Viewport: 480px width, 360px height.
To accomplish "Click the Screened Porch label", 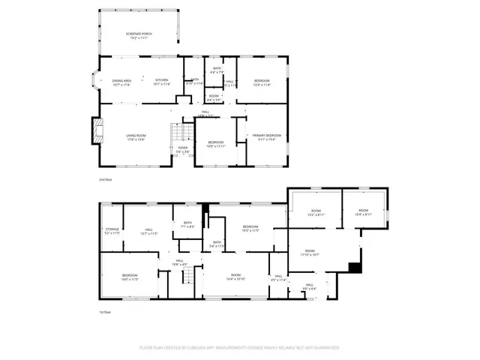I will [x=139, y=35].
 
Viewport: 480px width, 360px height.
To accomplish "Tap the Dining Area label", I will [x=122, y=82].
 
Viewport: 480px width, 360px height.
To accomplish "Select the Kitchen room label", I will [x=163, y=82].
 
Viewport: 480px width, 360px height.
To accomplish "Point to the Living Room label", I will [x=136, y=137].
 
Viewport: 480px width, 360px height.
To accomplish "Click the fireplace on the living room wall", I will [x=95, y=131].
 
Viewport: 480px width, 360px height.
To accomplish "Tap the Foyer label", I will [x=183, y=150].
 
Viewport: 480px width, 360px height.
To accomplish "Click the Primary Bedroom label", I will [x=267, y=136].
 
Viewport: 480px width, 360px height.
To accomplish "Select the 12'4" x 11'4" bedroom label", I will [x=262, y=82].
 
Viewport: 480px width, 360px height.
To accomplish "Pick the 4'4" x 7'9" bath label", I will [x=217, y=70].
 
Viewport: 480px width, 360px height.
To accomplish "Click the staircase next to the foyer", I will [x=177, y=135].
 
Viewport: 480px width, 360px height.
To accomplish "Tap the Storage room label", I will [x=111, y=232].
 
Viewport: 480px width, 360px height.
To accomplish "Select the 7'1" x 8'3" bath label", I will [x=187, y=223].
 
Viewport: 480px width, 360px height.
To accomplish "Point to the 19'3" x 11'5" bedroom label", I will [x=250, y=228].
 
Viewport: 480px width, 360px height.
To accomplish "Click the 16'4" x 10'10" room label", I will [x=235, y=277].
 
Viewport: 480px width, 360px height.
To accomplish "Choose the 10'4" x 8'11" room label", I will [x=364, y=213].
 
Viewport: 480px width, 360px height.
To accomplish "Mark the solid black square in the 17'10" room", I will [x=355, y=267].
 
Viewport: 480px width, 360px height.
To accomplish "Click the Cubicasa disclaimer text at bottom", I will [x=239, y=348].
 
